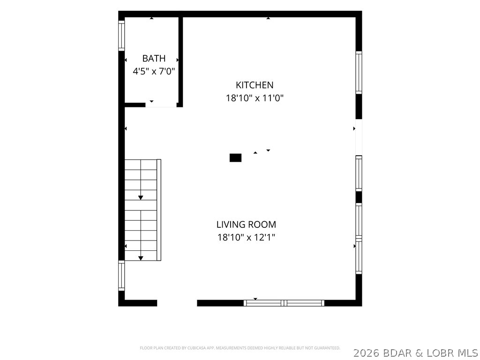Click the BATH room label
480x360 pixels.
pyautogui.click(x=154, y=58)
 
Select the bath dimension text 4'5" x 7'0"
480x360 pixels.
pyautogui.click(x=154, y=71)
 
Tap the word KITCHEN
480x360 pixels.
pyautogui.click(x=255, y=85)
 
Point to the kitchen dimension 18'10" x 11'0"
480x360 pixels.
pyautogui.click(x=255, y=98)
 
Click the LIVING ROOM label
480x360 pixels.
pyautogui.click(x=246, y=225)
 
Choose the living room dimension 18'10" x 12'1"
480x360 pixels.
pyautogui.click(x=247, y=237)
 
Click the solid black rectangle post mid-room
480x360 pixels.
pyautogui.click(x=235, y=157)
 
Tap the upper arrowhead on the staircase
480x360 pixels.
pyautogui.click(x=141, y=198)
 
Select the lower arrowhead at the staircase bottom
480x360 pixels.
pyautogui.click(x=141, y=258)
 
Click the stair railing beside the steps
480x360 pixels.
pyautogui.click(x=159, y=210)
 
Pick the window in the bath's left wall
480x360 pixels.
pyautogui.click(x=121, y=36)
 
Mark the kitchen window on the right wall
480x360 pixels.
pyautogui.click(x=359, y=73)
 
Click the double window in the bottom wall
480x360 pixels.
pyautogui.click(x=284, y=303)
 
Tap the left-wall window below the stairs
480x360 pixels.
pyautogui.click(x=121, y=276)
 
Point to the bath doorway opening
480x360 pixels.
pyautogui.click(x=161, y=105)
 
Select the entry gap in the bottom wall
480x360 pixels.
pyautogui.click(x=177, y=303)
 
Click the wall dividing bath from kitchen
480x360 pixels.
pyautogui.click(x=180, y=62)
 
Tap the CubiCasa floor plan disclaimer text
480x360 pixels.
pyautogui.click(x=240, y=348)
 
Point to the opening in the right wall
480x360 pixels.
pyautogui.click(x=359, y=137)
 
